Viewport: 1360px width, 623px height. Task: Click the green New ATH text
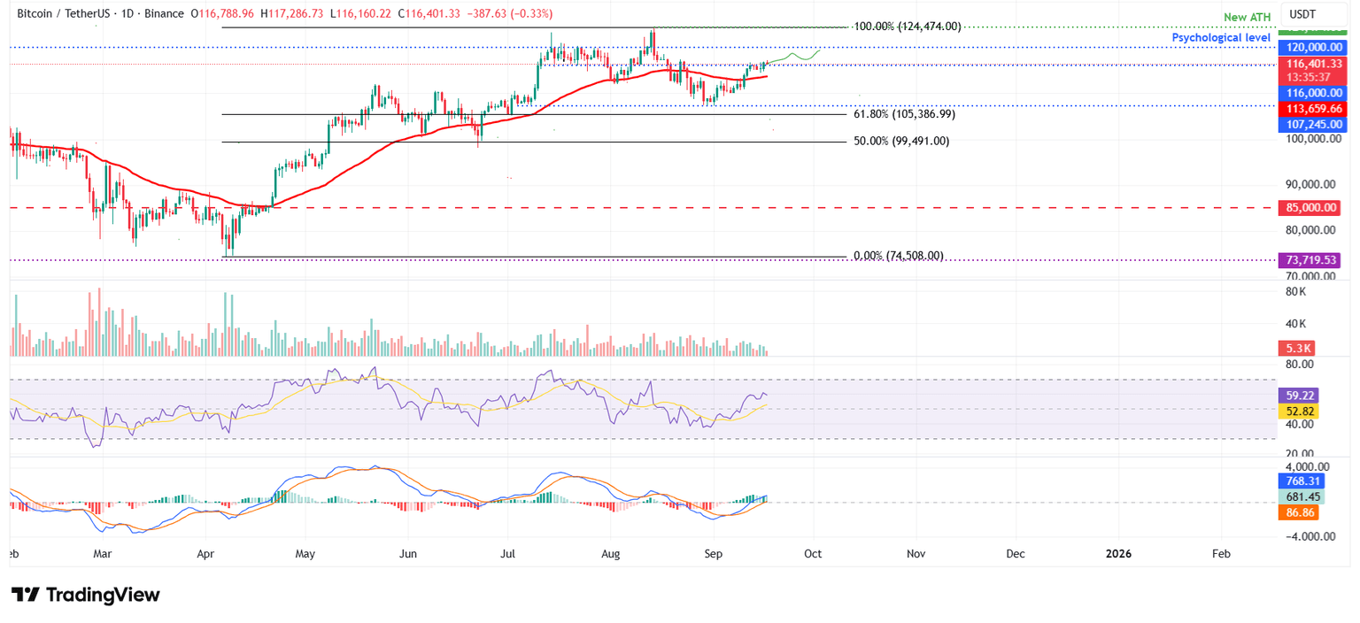click(1246, 17)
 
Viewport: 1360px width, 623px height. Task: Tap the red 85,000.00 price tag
click(1310, 208)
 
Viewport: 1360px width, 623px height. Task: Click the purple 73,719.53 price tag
click(1310, 260)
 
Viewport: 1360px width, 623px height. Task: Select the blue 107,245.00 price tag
click(1310, 125)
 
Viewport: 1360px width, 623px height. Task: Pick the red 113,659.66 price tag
click(1310, 109)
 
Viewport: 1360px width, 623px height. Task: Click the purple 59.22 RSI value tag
click(1298, 396)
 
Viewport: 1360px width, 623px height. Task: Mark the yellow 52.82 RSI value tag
click(1298, 411)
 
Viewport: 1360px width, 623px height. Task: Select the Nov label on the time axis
click(916, 554)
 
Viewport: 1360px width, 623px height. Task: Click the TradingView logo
click(86, 595)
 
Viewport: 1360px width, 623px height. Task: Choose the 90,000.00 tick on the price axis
click(1309, 184)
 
